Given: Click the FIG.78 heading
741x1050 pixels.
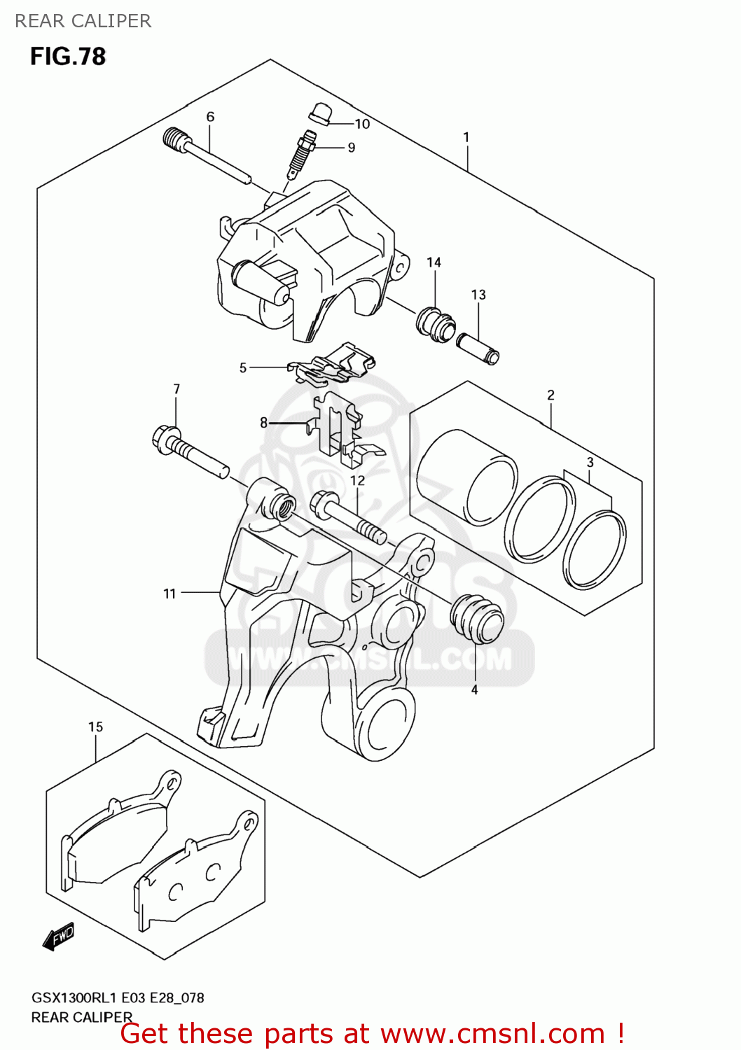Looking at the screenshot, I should point(68,57).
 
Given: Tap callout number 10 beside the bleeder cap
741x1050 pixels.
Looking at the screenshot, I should point(362,124).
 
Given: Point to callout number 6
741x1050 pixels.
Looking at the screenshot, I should point(210,117).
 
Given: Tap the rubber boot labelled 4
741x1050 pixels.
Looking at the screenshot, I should point(478,619).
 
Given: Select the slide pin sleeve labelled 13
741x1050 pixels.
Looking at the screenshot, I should point(478,348).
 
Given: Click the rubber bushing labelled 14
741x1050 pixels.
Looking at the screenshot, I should point(436,324).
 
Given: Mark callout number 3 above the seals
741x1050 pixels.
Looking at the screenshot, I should point(590,462).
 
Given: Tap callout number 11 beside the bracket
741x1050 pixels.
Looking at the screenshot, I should point(169,594).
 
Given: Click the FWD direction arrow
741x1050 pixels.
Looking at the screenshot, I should point(59,936).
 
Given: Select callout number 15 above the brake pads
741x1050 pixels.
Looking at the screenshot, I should point(95,727).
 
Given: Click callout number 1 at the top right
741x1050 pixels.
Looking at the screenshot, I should point(466,137).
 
